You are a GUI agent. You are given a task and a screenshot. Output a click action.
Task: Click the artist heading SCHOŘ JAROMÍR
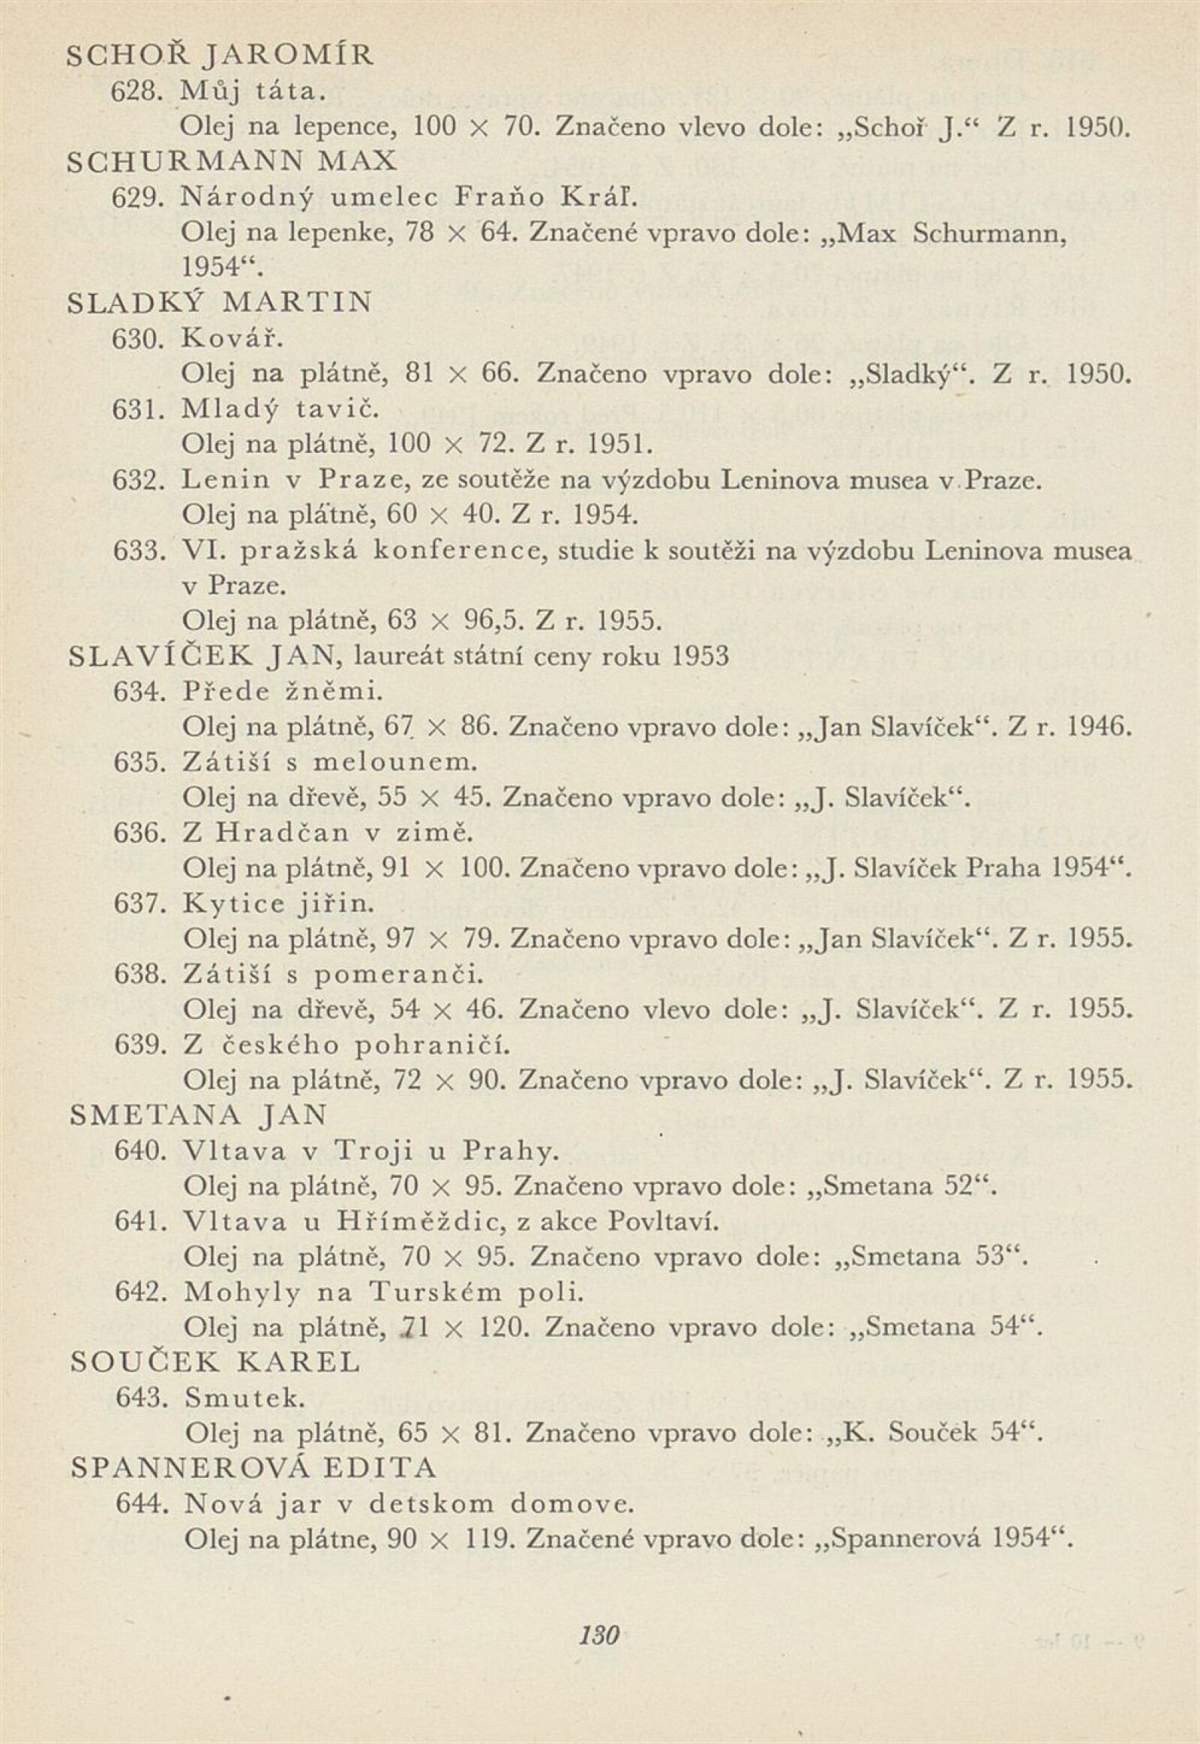220,56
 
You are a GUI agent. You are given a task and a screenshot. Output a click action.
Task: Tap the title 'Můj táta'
253,91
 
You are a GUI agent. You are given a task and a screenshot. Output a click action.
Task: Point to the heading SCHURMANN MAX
232,162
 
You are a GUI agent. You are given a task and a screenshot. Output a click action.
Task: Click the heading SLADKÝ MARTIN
220,303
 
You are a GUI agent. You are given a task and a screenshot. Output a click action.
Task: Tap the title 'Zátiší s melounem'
330,763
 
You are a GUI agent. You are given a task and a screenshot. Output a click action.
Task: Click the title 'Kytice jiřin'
278,903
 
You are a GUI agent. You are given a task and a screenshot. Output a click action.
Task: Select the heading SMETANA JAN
199,1116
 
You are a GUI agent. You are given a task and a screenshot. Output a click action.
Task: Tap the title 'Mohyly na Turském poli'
383,1293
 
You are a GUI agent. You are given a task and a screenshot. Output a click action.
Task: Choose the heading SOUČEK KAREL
215,1363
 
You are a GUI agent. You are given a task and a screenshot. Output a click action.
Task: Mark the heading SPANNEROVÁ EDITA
253,1468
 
